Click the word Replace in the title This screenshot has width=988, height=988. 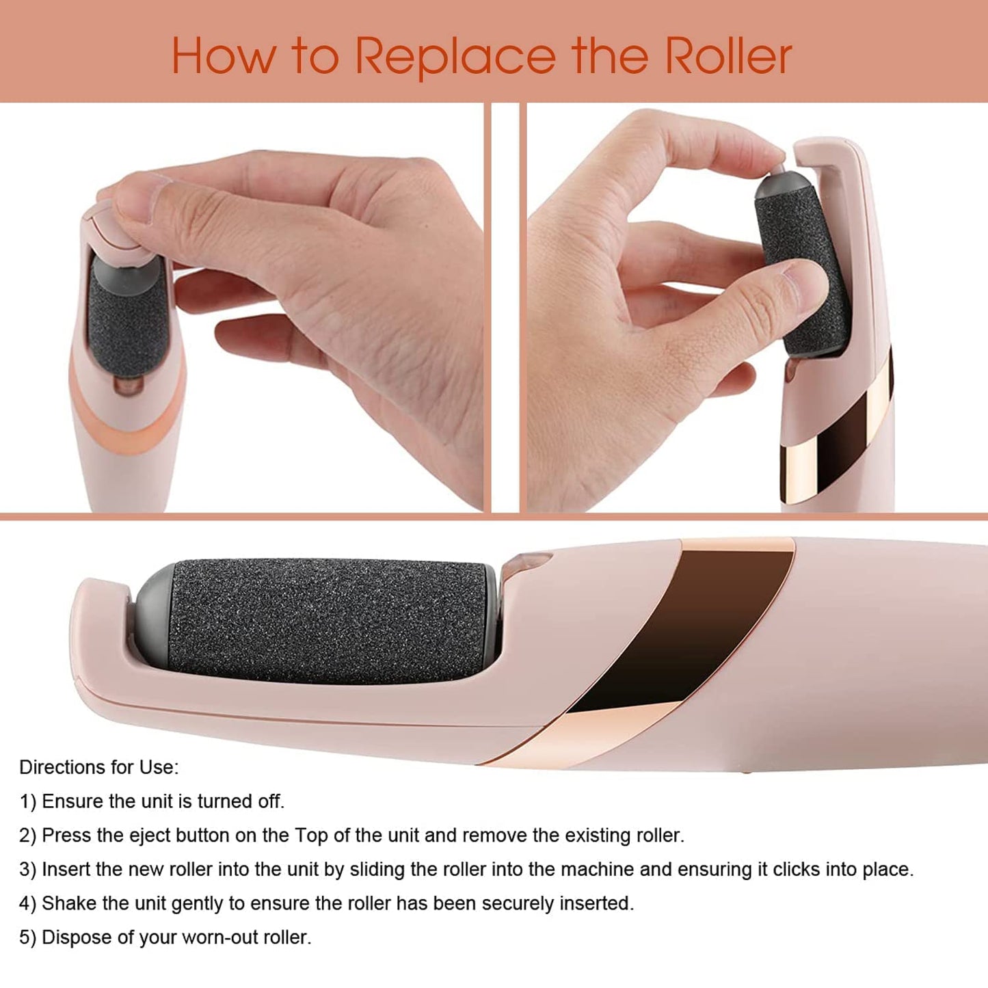pyautogui.click(x=455, y=56)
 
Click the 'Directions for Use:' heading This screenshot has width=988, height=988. pyautogui.click(x=98, y=767)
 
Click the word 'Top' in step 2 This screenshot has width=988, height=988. pyautogui.click(x=311, y=836)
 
